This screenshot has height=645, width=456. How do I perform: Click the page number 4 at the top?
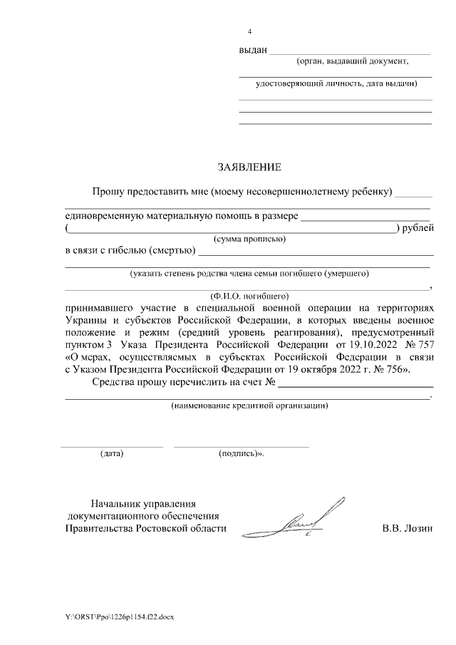pyautogui.click(x=249, y=32)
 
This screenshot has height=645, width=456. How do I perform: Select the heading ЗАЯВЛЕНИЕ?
pyautogui.click(x=249, y=167)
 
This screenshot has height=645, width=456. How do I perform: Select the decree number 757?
pyautogui.click(x=420, y=346)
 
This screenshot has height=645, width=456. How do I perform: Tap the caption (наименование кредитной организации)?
pyautogui.click(x=249, y=406)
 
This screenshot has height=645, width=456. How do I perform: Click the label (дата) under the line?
pyautogui.click(x=112, y=453)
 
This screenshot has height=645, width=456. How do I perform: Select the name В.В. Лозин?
pyautogui.click(x=408, y=528)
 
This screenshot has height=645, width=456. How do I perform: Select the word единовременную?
pyautogui.click(x=106, y=216)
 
